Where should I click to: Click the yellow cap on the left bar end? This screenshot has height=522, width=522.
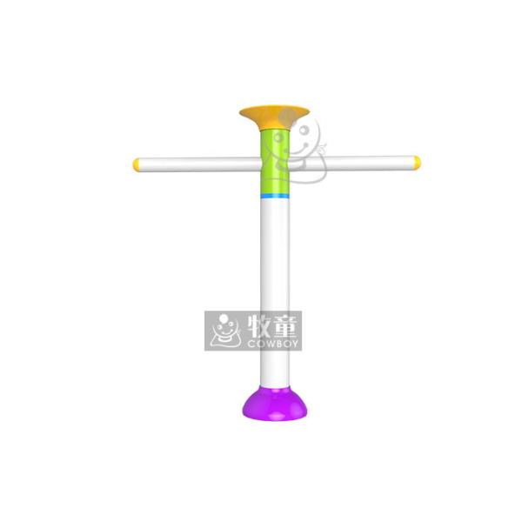[137, 163]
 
